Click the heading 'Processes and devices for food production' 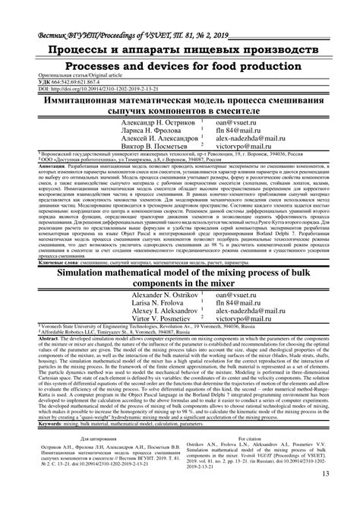coord(180,67)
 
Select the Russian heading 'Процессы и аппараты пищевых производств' coord(180,50)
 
